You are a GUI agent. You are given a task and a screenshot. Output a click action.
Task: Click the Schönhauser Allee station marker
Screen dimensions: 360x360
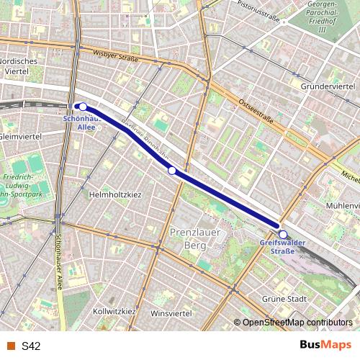[83, 107]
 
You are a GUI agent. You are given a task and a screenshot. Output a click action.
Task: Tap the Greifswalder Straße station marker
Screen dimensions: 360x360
[283, 234]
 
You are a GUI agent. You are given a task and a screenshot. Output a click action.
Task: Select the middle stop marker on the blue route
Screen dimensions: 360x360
[172, 171]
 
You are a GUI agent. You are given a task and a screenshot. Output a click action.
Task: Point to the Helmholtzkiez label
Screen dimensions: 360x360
[115, 194]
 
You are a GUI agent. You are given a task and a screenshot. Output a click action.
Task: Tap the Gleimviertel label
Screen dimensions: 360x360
[22, 136]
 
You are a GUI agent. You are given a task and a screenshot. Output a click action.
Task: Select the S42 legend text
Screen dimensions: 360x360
[31, 346]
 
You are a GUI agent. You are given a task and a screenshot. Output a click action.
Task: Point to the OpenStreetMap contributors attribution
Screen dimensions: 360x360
[297, 322]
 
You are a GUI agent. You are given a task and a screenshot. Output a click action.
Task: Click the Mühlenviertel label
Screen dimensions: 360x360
[341, 205]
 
